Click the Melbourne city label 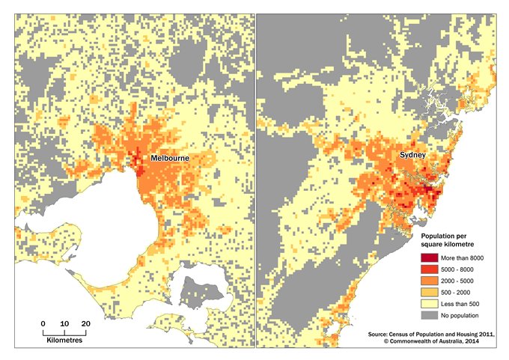(168, 159)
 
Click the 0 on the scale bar (43, 323)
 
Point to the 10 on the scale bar (64, 323)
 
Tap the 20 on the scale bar (85, 323)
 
